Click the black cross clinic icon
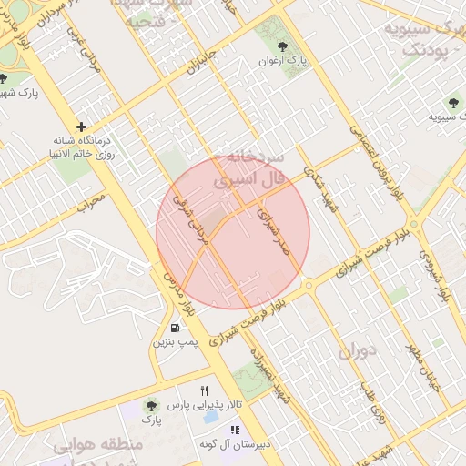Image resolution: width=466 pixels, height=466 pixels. (81, 127)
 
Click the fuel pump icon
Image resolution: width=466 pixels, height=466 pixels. (173, 328)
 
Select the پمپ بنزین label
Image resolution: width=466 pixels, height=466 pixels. (174, 343)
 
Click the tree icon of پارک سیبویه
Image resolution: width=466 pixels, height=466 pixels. (452, 103)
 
